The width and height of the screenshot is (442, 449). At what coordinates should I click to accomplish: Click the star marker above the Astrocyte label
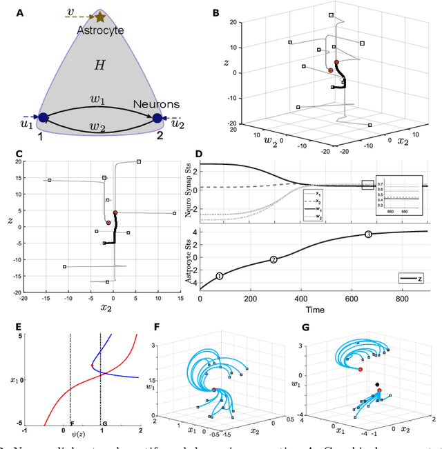tap(101, 17)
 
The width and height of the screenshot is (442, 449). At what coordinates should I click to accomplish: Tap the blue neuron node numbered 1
tap(43, 118)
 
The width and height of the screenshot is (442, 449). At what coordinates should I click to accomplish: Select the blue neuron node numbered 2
tap(157, 119)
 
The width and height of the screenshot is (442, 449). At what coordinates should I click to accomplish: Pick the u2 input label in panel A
tap(177, 123)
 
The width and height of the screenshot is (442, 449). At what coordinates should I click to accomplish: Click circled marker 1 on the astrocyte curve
tap(219, 276)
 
